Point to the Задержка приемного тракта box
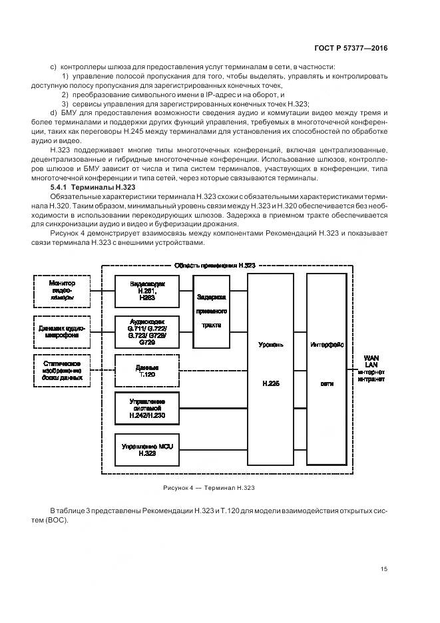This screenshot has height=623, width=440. tap(212, 311)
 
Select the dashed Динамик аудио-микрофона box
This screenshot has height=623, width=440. tap(62, 330)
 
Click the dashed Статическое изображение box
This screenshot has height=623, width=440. tap(62, 370)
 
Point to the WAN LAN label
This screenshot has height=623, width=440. tap(371, 361)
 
